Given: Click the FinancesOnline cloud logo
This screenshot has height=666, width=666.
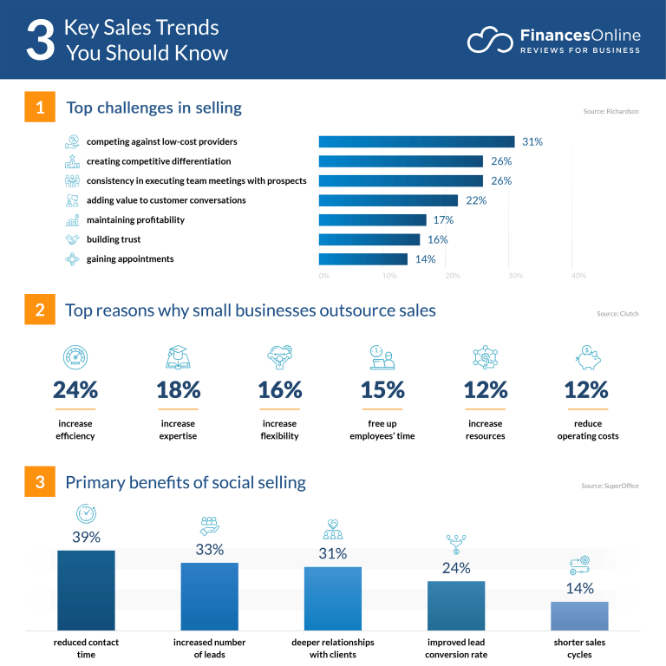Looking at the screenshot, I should [491, 40].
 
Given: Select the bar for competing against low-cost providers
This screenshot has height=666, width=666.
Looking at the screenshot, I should [416, 141].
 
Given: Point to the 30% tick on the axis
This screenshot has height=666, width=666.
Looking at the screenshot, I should [515, 276].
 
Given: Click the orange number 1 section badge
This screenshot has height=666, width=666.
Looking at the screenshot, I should [40, 108].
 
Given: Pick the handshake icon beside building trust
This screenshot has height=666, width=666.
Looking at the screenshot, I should [72, 239].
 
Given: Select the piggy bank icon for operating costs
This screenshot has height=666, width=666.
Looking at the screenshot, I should [588, 357].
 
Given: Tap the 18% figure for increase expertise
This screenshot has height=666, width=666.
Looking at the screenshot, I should [179, 390].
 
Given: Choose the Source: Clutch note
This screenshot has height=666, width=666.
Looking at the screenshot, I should [617, 314].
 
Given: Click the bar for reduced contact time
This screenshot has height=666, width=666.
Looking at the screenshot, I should [86, 590].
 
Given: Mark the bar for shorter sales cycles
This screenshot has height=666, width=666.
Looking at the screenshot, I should [579, 615].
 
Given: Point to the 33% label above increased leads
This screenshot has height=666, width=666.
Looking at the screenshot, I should [209, 549].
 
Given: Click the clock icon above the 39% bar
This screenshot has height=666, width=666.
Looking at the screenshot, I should [86, 513].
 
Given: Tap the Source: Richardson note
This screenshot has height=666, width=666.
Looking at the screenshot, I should [610, 112].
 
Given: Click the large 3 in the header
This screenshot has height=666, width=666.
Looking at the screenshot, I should [40, 41].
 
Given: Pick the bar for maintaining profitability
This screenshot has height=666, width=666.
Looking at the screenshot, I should [372, 219].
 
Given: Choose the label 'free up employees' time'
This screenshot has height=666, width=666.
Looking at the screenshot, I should [382, 429].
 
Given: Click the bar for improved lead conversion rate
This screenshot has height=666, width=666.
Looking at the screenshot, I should [456, 605].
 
